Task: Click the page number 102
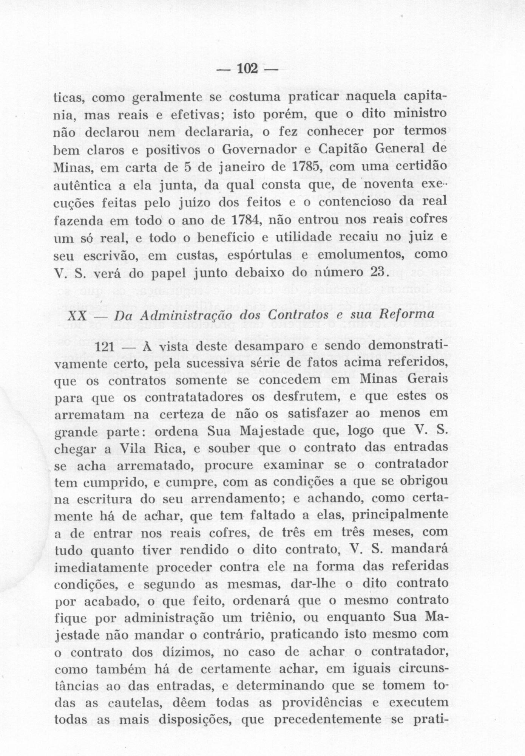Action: (247, 69)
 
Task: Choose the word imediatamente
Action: (101, 567)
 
